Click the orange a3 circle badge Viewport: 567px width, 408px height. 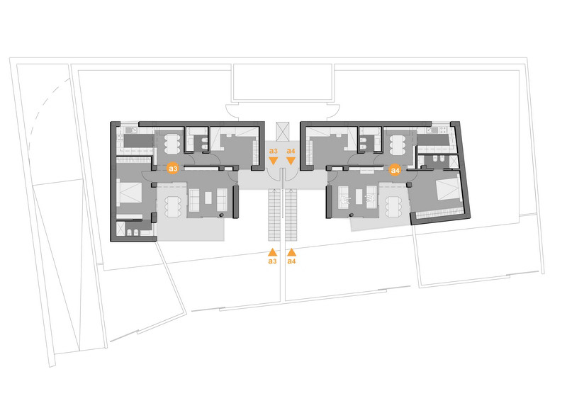(172, 169)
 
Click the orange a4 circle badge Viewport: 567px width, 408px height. (395, 169)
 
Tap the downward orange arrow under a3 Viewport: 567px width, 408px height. (274, 161)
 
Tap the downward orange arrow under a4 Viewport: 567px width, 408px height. (291, 161)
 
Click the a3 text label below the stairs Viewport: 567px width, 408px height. (273, 261)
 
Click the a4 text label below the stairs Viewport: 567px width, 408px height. (291, 261)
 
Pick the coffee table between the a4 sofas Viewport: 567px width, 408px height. (354, 200)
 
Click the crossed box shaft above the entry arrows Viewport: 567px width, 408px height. (283, 131)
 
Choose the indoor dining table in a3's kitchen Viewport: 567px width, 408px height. (171, 144)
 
